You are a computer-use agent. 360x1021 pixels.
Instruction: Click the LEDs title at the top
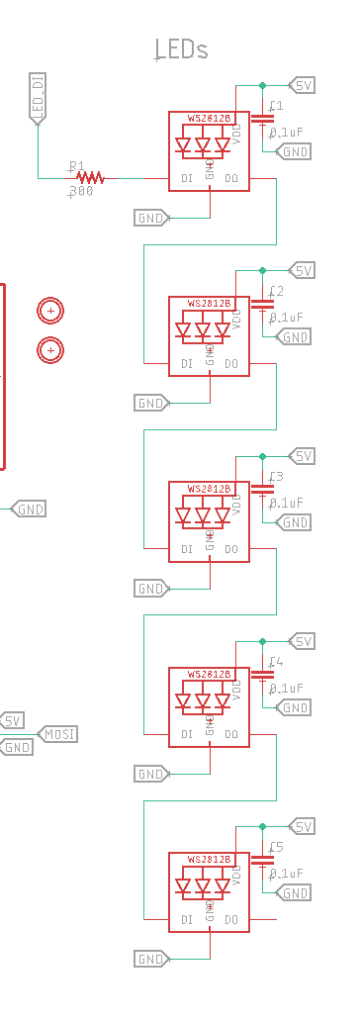pyautogui.click(x=183, y=49)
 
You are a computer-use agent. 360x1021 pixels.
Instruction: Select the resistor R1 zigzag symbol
pyautogui.click(x=90, y=178)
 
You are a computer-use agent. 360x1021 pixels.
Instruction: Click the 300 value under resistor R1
pyautogui.click(x=81, y=192)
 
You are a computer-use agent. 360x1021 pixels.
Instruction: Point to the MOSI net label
pyautogui.click(x=58, y=733)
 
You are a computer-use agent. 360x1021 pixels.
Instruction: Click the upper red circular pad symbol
pyautogui.click(x=49, y=311)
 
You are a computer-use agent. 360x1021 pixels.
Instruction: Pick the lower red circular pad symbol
pyautogui.click(x=49, y=349)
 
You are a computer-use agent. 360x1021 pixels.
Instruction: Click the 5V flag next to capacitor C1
pyautogui.click(x=302, y=85)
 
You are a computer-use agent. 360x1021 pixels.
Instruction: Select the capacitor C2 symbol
pyautogui.click(x=262, y=304)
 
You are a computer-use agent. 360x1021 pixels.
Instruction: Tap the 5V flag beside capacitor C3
pyautogui.click(x=302, y=456)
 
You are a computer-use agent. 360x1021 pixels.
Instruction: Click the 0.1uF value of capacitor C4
pyautogui.click(x=286, y=688)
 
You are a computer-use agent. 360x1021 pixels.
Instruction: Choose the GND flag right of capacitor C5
pyautogui.click(x=294, y=893)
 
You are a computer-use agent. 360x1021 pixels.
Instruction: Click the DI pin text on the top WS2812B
pyautogui.click(x=186, y=178)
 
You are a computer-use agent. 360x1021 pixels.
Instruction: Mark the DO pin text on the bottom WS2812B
pyautogui.click(x=231, y=920)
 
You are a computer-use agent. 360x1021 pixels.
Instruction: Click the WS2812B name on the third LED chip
pyautogui.click(x=209, y=489)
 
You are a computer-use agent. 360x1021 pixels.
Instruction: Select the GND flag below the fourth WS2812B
pyautogui.click(x=150, y=774)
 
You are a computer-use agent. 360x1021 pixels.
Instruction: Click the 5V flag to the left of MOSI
pyautogui.click(x=13, y=720)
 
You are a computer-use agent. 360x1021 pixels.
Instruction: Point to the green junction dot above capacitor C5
pyautogui.click(x=262, y=826)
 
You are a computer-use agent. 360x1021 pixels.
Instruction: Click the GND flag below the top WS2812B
pyautogui.click(x=150, y=218)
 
